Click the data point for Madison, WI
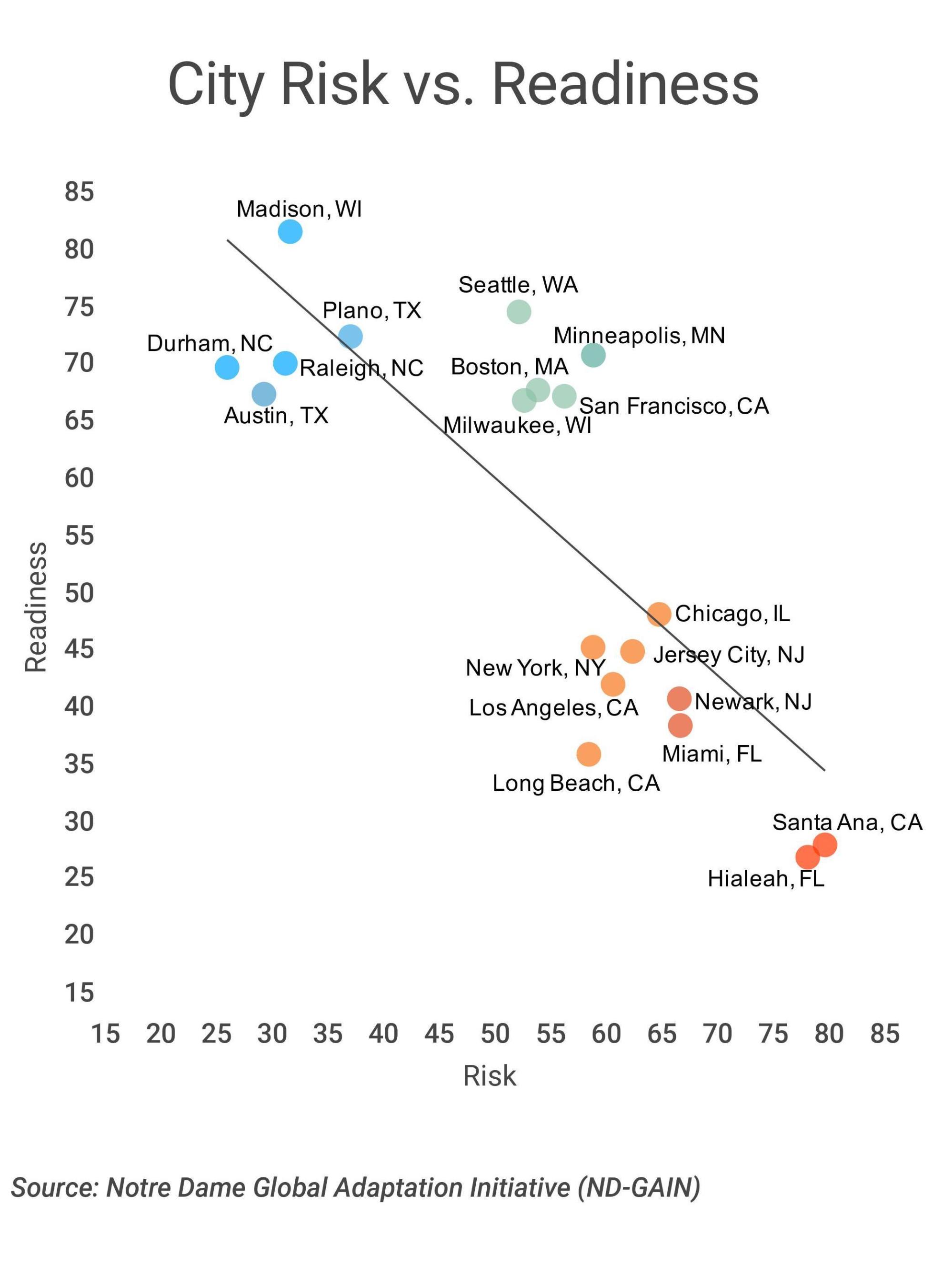290,231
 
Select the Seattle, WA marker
519,311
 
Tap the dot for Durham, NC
227,367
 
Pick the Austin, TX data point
264,394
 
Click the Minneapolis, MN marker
593,355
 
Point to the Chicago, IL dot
659,614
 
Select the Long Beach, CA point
588,754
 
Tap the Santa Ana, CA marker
825,845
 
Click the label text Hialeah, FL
765,879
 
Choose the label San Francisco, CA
673,406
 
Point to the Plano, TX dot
350,336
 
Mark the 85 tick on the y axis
79,192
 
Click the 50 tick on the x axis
495,1034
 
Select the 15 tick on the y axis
79,993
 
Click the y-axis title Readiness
36,607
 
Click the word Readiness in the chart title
625,85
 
